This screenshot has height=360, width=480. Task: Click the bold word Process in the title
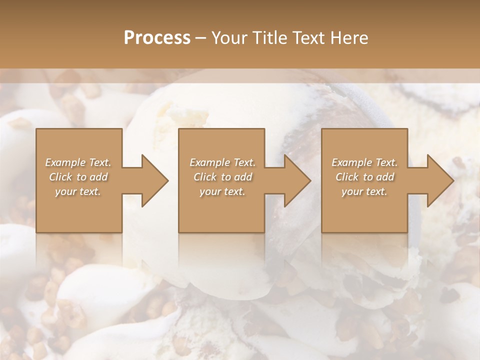coord(157,38)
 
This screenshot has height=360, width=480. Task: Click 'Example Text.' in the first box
coord(78,162)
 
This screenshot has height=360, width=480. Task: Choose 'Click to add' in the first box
coord(78,177)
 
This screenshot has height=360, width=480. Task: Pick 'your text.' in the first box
coord(78,191)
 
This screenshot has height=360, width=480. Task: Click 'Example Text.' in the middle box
coord(222,162)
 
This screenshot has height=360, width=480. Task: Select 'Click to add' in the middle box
coord(223,177)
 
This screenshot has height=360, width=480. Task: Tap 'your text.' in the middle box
coord(222,191)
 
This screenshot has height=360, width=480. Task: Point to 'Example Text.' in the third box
coord(364,162)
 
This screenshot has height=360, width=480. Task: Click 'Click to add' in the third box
coord(365,177)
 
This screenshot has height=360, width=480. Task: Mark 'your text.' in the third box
coord(364,191)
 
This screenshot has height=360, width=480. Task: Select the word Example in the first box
coord(65,162)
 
